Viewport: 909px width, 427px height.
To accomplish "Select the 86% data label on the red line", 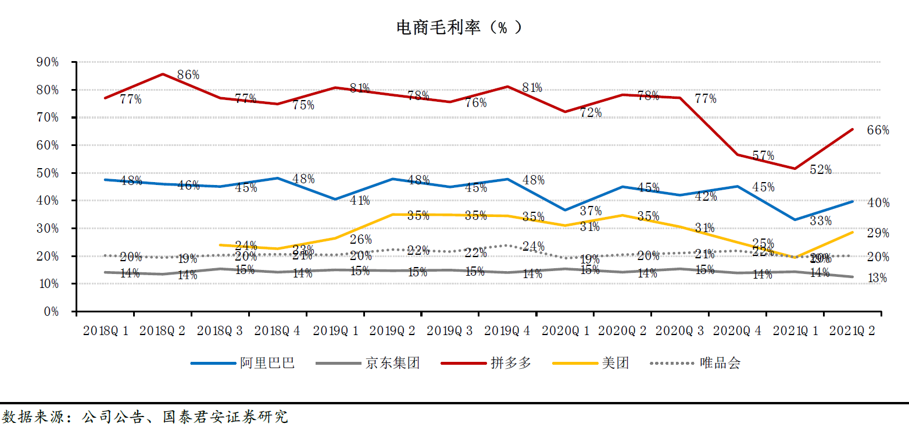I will click(x=188, y=74).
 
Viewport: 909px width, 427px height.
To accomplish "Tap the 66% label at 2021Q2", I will click(x=878, y=130).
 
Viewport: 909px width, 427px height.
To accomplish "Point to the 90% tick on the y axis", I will click(x=47, y=62).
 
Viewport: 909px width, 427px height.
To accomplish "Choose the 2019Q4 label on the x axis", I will click(x=507, y=331).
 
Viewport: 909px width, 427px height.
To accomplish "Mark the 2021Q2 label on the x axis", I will click(x=852, y=331).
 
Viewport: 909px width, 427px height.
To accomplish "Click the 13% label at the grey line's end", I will click(x=877, y=278).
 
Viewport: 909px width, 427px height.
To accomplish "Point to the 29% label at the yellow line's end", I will click(x=878, y=233).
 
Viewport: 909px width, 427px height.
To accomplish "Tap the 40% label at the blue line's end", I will click(x=878, y=203).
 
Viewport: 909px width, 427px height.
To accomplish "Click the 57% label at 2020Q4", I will click(x=763, y=156).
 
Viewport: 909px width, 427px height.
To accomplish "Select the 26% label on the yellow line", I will click(x=361, y=239).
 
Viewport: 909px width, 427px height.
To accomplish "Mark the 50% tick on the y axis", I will click(x=47, y=173).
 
